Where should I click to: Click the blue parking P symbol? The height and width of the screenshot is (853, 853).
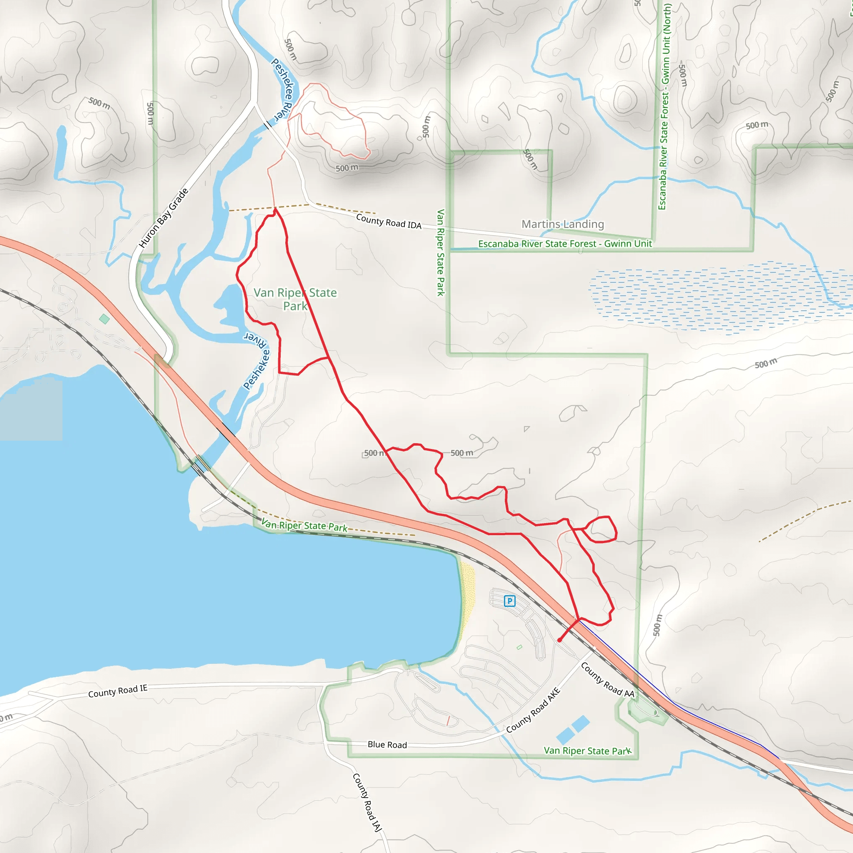point(509,601)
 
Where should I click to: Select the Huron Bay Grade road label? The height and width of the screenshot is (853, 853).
point(163,218)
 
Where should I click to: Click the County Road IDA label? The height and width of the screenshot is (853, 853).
point(389,222)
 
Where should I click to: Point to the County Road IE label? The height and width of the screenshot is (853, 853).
point(117,691)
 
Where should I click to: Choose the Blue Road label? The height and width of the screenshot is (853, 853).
point(387,745)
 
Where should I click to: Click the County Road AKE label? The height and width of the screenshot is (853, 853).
point(534,711)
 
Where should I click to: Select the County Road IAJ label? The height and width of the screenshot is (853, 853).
point(367,802)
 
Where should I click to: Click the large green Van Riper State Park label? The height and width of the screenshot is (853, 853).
point(295,299)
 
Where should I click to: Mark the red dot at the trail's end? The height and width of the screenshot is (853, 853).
point(559,640)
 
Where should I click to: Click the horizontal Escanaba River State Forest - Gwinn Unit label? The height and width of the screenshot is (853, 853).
point(565,244)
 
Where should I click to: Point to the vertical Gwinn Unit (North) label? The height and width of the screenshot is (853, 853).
point(664,106)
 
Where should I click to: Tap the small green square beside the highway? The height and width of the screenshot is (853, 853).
point(105,319)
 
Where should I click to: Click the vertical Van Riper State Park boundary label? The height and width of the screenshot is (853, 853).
point(440,252)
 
